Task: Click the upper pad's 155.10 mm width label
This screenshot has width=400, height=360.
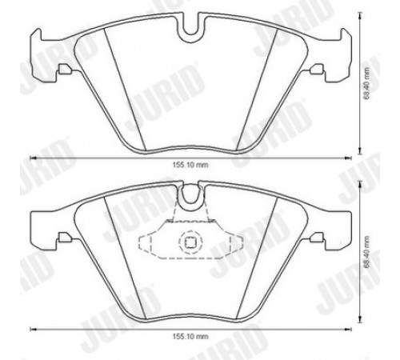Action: (x=190, y=165)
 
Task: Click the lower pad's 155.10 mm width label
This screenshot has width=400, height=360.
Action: (x=190, y=337)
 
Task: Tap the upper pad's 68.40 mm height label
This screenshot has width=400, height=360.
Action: (x=367, y=83)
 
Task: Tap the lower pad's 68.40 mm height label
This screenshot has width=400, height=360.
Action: (x=367, y=252)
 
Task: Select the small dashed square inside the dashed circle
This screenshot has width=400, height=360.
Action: (x=190, y=242)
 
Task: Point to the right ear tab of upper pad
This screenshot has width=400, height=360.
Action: (x=338, y=54)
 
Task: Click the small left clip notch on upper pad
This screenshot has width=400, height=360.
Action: (x=64, y=69)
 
